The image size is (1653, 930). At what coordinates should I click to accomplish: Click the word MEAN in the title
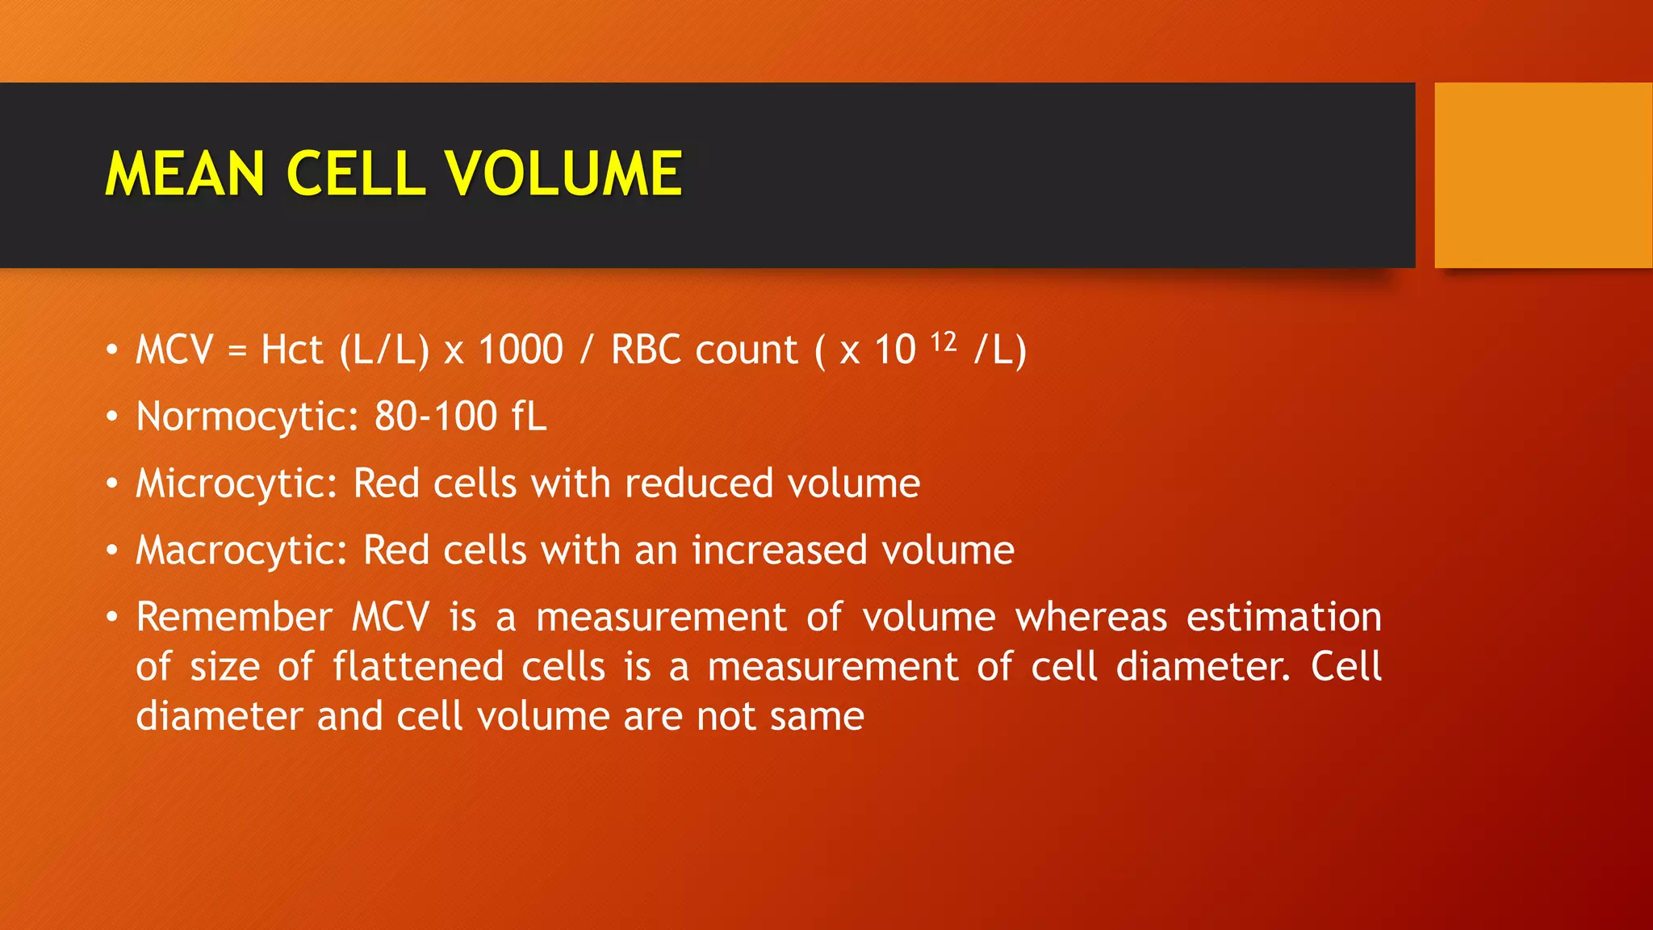[x=185, y=174]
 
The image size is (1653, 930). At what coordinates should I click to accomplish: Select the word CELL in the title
[x=355, y=174]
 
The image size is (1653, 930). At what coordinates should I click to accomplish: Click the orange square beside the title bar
[x=1542, y=175]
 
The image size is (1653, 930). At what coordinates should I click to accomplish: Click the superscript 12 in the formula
[x=944, y=342]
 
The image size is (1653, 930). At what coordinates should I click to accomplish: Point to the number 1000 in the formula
[x=521, y=350]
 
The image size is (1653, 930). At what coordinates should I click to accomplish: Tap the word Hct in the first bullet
[x=291, y=350]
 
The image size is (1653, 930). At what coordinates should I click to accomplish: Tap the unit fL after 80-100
[x=529, y=417]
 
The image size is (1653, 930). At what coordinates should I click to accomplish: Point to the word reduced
[x=698, y=484]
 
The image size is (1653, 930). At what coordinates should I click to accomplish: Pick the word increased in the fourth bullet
[x=779, y=551]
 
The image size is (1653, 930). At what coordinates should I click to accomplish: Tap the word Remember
[x=234, y=618]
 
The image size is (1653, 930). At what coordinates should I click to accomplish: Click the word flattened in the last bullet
[x=418, y=668]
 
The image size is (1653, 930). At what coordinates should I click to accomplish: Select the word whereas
[x=1090, y=618]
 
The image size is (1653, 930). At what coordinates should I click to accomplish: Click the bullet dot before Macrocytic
[x=112, y=551]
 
